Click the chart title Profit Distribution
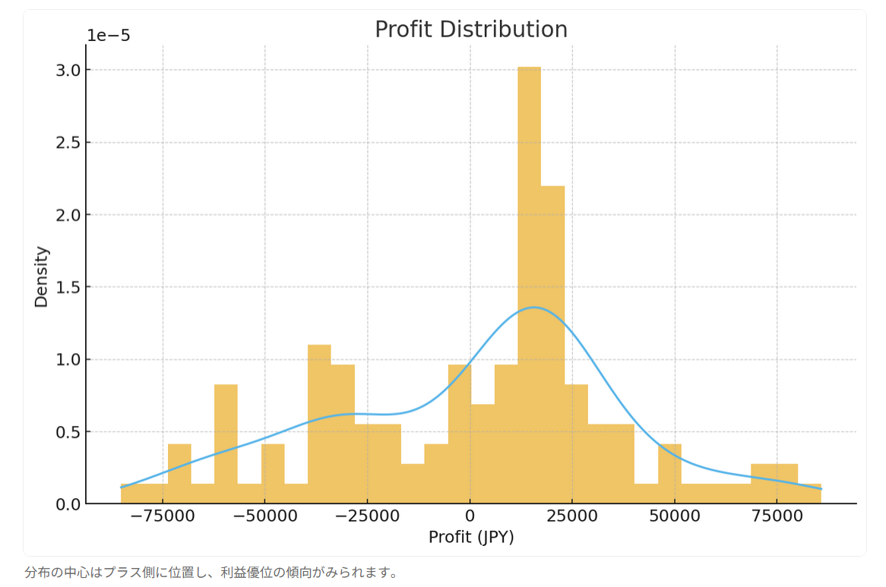click(470, 30)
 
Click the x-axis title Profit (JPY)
click(471, 537)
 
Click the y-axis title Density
click(41, 276)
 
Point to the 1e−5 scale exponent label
click(109, 36)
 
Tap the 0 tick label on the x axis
click(470, 517)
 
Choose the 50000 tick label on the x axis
click(675, 517)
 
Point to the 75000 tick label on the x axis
click(777, 517)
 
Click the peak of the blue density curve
click(534, 308)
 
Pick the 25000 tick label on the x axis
click(572, 517)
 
